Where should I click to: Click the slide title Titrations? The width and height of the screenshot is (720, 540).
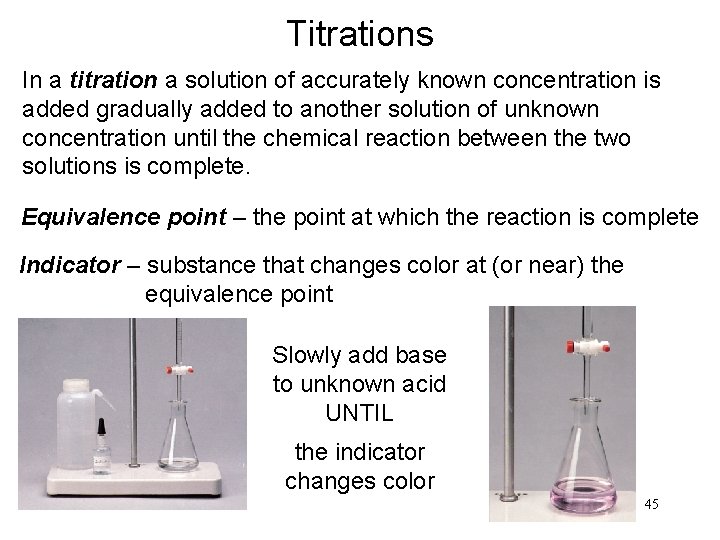coord(359,34)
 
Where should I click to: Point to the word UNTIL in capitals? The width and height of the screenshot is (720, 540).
coord(359,411)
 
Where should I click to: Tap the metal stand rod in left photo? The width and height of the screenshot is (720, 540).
coord(134,400)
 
